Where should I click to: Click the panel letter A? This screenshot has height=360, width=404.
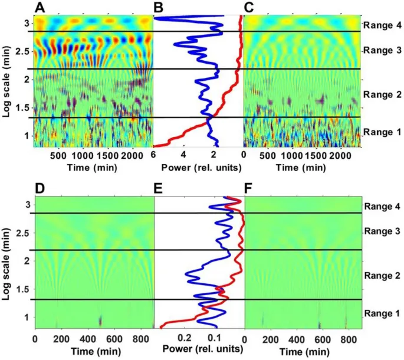click(x=40, y=7)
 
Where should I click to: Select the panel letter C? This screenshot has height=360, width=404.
click(x=249, y=7)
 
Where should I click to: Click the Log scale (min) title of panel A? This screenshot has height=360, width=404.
click(x=8, y=81)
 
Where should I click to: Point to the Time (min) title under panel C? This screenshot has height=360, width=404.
click(x=295, y=167)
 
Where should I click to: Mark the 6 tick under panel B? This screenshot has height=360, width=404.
click(x=154, y=155)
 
